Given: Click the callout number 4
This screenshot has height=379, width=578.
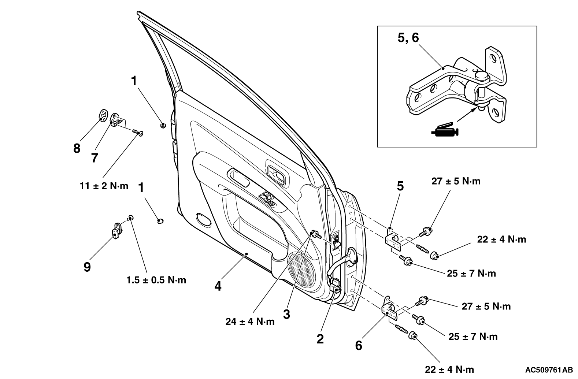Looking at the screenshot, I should (x=218, y=286).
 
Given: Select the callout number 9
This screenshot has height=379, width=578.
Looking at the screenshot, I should (x=87, y=267).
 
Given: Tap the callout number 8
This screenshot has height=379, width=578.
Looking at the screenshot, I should (x=77, y=149).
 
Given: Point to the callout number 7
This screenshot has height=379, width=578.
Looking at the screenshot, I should (x=95, y=158).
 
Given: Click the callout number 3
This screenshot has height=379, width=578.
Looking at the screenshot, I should (x=286, y=314).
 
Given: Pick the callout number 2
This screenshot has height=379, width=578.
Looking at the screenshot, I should (x=320, y=339).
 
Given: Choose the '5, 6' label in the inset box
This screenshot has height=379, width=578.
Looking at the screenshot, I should (x=408, y=38).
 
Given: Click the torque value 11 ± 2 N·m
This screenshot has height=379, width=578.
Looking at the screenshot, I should (x=104, y=186).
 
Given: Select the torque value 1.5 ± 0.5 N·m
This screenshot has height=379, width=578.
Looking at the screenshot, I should (x=156, y=280).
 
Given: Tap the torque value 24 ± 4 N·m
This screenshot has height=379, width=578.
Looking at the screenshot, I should (x=250, y=322).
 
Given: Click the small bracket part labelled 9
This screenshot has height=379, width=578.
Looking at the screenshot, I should (x=117, y=230).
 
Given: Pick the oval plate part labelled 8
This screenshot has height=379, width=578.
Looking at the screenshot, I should (x=104, y=116).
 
